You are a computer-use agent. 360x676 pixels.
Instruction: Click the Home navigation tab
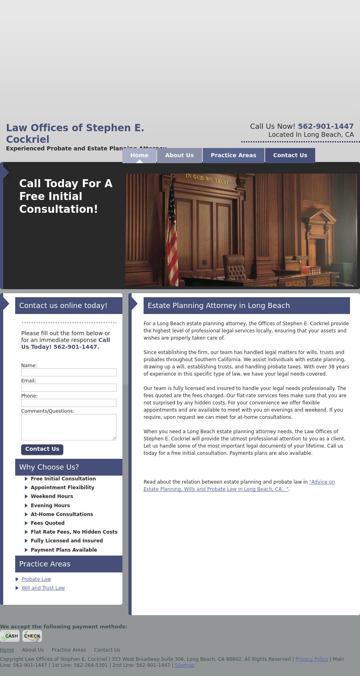pos(139,155)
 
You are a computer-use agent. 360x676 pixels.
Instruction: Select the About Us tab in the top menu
pos(179,155)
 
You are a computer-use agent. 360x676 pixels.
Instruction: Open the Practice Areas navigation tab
pos(233,155)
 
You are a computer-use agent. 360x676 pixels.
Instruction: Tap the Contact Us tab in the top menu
pos(290,155)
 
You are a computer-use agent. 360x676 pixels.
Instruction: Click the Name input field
pos(68,372)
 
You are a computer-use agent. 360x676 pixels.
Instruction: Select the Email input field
pos(68,388)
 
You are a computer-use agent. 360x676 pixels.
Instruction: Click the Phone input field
pos(68,403)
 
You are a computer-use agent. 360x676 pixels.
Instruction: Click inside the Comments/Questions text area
pos(68,427)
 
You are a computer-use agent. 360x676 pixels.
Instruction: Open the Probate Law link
pos(36,579)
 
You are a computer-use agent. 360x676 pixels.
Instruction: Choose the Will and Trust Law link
pos(43,588)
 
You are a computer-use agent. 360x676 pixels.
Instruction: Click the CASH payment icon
pos(10,636)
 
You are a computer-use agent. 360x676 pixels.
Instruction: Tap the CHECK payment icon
pos(32,636)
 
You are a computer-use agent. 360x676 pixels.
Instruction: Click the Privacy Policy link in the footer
pos(312,659)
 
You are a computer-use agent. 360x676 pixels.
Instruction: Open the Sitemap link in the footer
pos(184,665)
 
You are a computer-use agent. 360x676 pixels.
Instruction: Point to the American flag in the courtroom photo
pos(172,236)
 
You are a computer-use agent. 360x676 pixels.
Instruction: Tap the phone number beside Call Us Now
pos(326,126)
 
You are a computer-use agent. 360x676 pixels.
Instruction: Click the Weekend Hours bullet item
pos(52,496)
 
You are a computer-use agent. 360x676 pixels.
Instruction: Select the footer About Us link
pos(33,650)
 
